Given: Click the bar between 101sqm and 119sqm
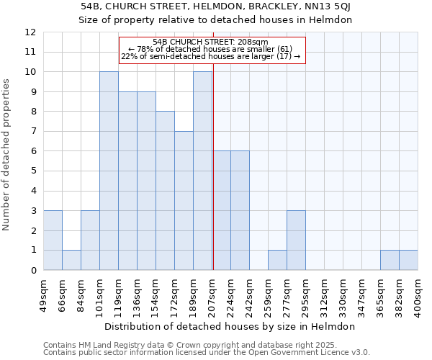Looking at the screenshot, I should [109, 171].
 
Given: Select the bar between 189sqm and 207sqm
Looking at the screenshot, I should [202, 171].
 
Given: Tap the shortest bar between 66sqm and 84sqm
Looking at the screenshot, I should [71, 260].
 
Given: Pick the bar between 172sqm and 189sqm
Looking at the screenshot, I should [184, 201].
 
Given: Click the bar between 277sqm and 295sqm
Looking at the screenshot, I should [296, 240].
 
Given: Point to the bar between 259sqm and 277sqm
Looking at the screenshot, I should [277, 260].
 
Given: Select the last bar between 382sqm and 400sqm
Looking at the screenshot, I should [408, 260].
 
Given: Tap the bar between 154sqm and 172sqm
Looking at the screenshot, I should [165, 191].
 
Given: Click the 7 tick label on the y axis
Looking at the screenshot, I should [33, 132].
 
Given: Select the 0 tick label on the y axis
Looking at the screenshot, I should [33, 271].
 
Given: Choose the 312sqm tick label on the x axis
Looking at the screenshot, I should [324, 294].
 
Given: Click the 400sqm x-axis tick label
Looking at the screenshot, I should [418, 294].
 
